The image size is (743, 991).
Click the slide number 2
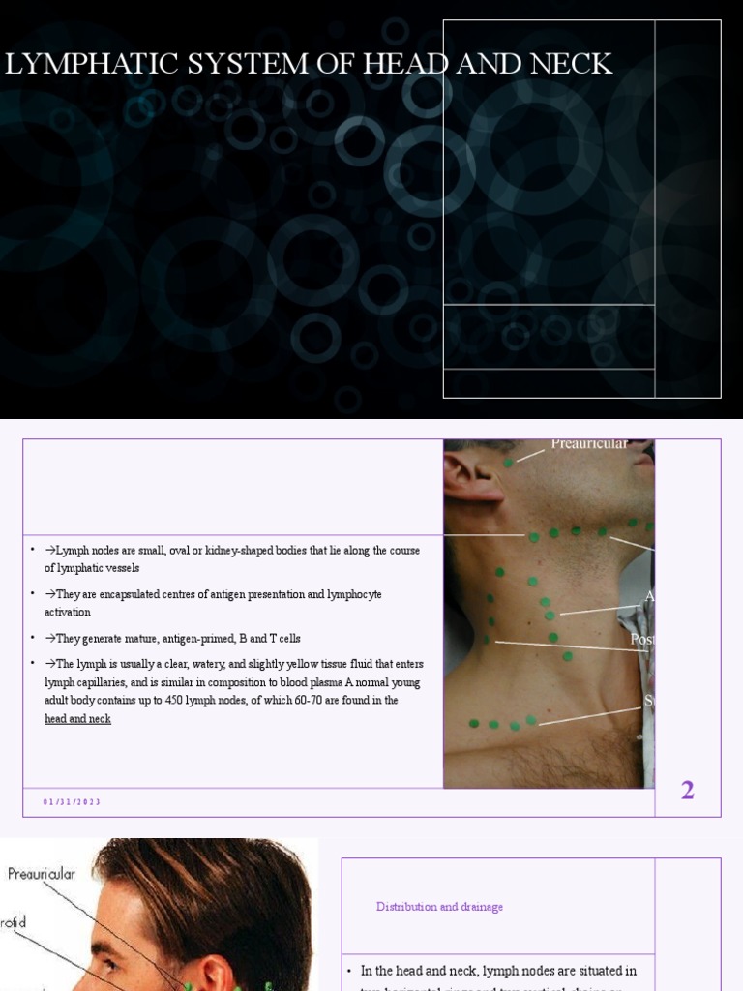pyautogui.click(x=687, y=791)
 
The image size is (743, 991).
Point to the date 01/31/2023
pyautogui.click(x=72, y=802)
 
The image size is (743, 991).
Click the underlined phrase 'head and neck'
pyautogui.click(x=77, y=719)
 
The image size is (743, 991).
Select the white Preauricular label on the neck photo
pyautogui.click(x=588, y=444)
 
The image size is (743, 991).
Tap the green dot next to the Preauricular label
pyautogui.click(x=509, y=464)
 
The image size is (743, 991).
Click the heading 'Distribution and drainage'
pyautogui.click(x=439, y=907)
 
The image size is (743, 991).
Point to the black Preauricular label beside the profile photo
pyautogui.click(x=41, y=874)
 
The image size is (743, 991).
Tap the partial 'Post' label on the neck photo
pyautogui.click(x=641, y=640)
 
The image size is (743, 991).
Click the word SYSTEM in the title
pyautogui.click(x=226, y=64)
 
